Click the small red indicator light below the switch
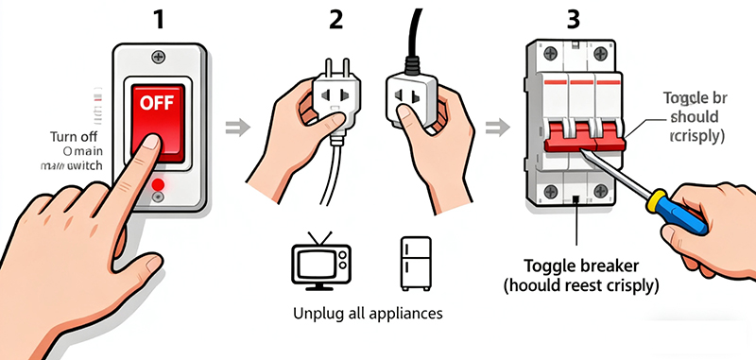(x=157, y=182)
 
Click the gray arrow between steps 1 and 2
(x=241, y=125)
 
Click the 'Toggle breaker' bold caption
(x=579, y=265)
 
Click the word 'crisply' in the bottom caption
(x=625, y=283)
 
